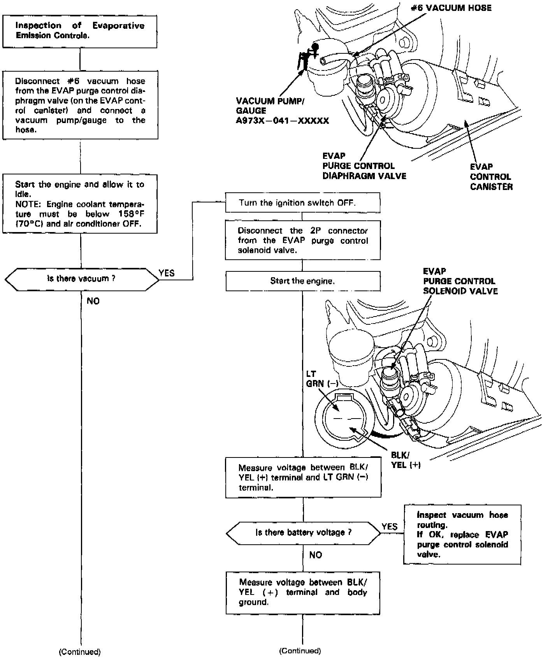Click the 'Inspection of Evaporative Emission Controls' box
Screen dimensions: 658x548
[80, 32]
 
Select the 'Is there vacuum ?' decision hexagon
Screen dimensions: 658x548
[81, 279]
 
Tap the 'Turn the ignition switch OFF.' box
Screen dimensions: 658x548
[303, 203]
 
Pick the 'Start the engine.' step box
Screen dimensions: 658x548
[303, 281]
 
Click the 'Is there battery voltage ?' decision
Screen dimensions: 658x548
[303, 533]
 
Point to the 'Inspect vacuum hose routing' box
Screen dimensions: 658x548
[462, 534]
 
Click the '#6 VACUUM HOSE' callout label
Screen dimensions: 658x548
[451, 8]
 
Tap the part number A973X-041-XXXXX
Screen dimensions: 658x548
[282, 121]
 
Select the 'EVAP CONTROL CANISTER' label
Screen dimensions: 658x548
[491, 177]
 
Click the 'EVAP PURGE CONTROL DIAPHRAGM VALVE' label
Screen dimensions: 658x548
[364, 166]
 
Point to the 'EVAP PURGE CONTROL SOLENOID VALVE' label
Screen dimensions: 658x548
[460, 281]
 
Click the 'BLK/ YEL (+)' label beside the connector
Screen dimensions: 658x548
[406, 460]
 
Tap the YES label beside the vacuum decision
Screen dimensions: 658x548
[167, 273]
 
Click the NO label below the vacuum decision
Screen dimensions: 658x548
[93, 301]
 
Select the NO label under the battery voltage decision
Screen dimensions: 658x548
[316, 555]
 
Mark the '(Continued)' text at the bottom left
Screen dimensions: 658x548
[79, 652]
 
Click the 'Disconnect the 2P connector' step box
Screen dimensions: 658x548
[303, 240]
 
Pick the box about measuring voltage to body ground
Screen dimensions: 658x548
[303, 592]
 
